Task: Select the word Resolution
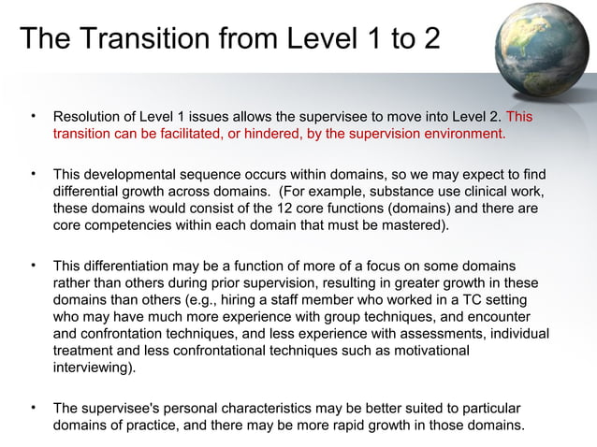click(x=90, y=118)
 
